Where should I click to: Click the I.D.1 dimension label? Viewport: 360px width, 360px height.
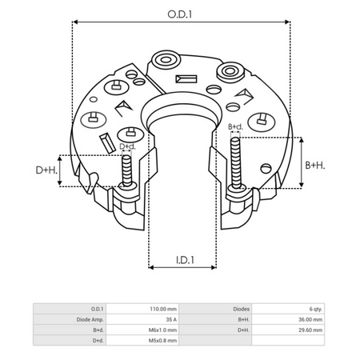coord(185,258)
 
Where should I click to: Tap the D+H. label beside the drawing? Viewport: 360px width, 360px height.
coord(46,170)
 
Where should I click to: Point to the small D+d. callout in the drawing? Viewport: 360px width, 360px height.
coord(127,147)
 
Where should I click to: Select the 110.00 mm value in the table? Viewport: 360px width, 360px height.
coord(164,308)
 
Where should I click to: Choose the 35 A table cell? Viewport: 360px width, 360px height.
coord(170,318)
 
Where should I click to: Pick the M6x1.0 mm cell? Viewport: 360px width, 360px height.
coord(163,329)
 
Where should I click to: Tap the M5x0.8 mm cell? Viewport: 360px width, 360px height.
coord(163,339)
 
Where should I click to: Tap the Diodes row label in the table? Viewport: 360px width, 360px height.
coord(242,308)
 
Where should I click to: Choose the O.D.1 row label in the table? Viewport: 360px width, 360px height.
coord(97,308)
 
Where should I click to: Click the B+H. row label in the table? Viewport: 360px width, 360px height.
coord(243,318)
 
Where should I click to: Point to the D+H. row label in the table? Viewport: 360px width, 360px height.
coord(243,329)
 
